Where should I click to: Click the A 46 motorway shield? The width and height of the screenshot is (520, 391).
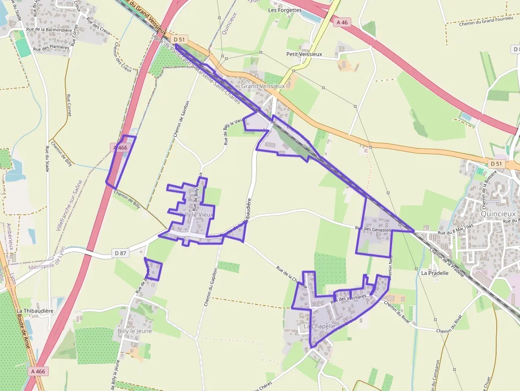[x=342, y=22]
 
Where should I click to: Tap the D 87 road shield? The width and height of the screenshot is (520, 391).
[x=120, y=254]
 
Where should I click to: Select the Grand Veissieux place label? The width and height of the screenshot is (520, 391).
[x=263, y=85]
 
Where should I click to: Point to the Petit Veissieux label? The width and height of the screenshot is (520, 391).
[x=304, y=54]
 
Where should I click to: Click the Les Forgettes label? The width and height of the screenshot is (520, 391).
[x=285, y=10]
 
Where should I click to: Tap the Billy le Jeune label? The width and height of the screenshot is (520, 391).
[x=134, y=331]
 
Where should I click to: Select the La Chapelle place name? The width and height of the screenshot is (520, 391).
[x=319, y=326]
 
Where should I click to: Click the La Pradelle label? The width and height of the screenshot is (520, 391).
[x=435, y=273]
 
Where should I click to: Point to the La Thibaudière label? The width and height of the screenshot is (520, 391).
[x=35, y=311]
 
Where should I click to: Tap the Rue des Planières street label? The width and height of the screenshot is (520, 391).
[x=51, y=48]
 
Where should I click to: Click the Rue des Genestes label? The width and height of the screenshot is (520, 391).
[x=373, y=229]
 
